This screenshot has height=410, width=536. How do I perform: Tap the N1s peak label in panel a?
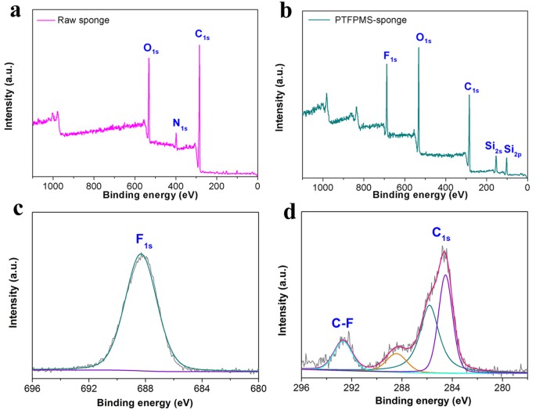point(181,124)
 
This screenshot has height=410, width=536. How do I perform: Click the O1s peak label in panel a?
point(152,48)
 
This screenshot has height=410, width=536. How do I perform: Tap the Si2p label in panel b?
point(513,148)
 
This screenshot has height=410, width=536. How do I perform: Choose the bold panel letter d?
point(283,212)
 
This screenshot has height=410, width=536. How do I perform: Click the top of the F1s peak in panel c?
point(141,254)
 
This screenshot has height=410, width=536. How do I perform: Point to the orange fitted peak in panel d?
point(397,355)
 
